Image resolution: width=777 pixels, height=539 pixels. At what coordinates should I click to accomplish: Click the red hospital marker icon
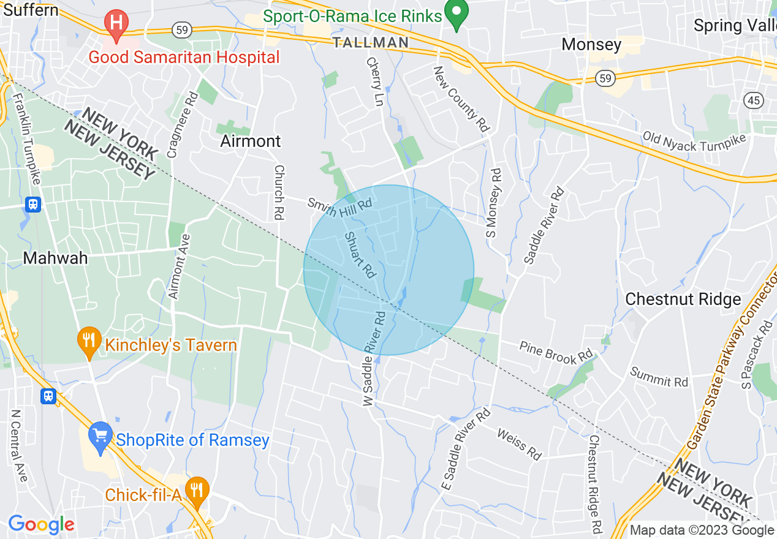point(116,24)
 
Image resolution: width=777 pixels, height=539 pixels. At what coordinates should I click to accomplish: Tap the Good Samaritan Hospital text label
point(184,58)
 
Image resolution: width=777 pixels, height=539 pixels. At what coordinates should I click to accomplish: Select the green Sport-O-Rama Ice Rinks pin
point(456,14)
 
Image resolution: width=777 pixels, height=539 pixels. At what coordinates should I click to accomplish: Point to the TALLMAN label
point(371,42)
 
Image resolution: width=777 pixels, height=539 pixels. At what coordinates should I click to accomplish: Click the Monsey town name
point(591,45)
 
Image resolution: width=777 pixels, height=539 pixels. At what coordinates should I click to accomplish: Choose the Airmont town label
point(251,141)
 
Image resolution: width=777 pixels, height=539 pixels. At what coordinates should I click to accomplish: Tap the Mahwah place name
point(55,258)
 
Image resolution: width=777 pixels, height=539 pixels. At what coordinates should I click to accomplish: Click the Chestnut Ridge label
point(683,299)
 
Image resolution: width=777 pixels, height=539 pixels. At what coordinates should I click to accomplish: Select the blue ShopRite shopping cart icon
point(100,435)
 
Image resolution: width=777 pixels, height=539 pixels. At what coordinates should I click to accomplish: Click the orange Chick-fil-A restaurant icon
point(197,491)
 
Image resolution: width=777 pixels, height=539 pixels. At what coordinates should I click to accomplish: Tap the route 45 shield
point(753,100)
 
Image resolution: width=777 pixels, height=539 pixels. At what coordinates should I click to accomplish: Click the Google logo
point(41,524)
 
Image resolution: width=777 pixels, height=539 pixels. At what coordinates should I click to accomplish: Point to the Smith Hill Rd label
point(340,208)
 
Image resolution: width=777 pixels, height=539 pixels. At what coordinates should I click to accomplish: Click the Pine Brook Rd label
point(556,352)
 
